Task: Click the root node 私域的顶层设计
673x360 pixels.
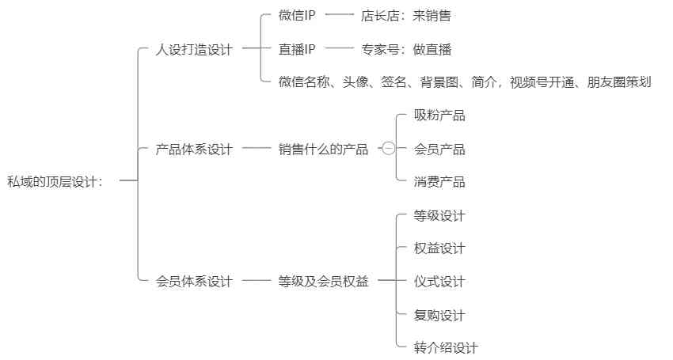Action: pyautogui.click(x=55, y=181)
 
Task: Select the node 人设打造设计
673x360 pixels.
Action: pyautogui.click(x=195, y=49)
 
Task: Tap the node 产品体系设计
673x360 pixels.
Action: pyautogui.click(x=195, y=149)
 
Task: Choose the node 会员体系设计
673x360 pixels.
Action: pyautogui.click(x=195, y=281)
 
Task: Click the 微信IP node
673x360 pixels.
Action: pyautogui.click(x=298, y=15)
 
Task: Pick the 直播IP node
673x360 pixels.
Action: pyautogui.click(x=298, y=49)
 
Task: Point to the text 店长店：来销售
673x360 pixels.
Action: pyautogui.click(x=405, y=15)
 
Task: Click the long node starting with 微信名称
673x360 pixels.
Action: pyautogui.click(x=465, y=81)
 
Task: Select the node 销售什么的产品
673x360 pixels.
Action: pyautogui.click(x=323, y=149)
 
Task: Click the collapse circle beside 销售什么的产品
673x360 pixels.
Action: pyautogui.click(x=389, y=149)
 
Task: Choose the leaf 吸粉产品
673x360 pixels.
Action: pyautogui.click(x=439, y=116)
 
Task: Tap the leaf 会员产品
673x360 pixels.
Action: pyautogui.click(x=439, y=149)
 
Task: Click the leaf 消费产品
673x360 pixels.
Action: pyautogui.click(x=439, y=182)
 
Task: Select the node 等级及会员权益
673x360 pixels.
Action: pyautogui.click(x=323, y=281)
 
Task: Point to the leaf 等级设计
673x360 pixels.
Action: pyautogui.click(x=439, y=215)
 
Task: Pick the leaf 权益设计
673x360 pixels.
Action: pyautogui.click(x=439, y=248)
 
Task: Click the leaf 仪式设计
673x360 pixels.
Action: pyautogui.click(x=439, y=281)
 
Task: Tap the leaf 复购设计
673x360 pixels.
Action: pyautogui.click(x=439, y=315)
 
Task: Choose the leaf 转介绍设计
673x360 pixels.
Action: pyautogui.click(x=446, y=347)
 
